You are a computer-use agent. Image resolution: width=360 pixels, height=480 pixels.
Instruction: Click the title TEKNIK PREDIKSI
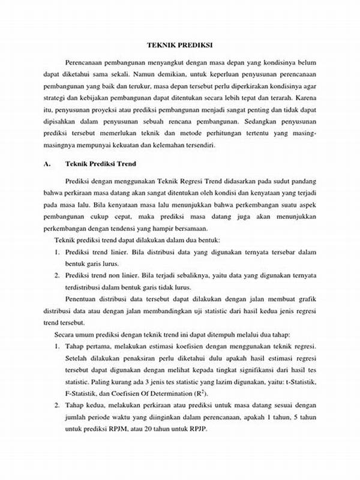[179, 45]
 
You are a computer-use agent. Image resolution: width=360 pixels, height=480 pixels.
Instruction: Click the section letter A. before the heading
[47, 164]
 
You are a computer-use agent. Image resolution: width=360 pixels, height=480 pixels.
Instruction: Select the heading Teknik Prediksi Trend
[101, 164]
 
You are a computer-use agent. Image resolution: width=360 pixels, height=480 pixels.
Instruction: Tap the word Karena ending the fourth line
[306, 96]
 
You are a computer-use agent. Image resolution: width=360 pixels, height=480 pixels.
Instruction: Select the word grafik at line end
[306, 298]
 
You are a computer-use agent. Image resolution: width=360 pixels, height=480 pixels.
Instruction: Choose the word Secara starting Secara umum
[65, 334]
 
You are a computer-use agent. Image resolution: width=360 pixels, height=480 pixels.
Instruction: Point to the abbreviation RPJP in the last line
[202, 429]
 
